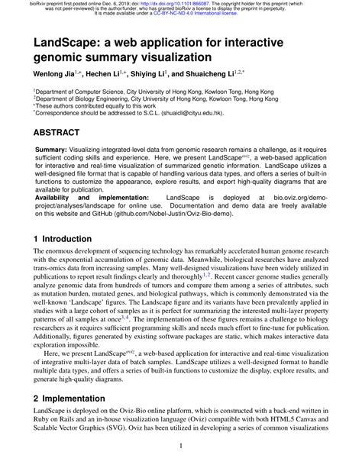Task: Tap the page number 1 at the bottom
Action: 180,446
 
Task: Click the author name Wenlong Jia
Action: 54,75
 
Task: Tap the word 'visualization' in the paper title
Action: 171,56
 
